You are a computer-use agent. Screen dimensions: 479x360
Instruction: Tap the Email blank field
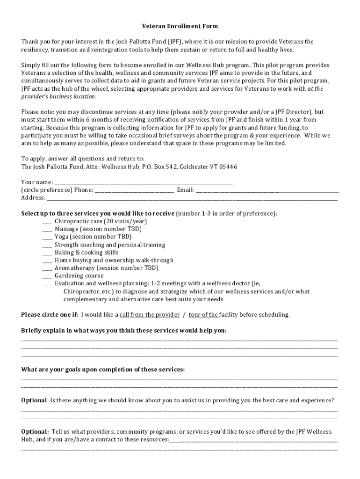(267, 190)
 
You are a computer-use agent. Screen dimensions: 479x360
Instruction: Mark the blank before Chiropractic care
(47, 221)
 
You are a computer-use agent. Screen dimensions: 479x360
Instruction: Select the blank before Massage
(47, 229)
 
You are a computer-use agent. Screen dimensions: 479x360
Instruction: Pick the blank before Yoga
(47, 237)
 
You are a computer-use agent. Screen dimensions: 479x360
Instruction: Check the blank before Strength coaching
(47, 245)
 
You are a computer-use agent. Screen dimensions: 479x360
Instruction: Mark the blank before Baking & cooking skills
(47, 253)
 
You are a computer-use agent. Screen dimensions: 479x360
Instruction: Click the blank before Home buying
(47, 260)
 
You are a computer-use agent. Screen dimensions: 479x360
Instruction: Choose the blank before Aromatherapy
(47, 268)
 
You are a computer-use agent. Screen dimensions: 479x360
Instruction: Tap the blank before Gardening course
(47, 276)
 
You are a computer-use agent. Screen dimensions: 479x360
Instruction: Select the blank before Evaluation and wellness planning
(47, 283)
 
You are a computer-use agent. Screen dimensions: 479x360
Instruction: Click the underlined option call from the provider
(150, 315)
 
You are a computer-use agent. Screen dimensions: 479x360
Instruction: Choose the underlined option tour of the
(203, 315)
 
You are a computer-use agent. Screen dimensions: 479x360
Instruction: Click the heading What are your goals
(103, 370)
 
